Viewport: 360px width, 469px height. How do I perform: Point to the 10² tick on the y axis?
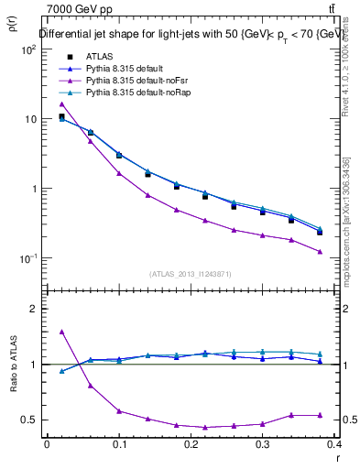click(x=28, y=49)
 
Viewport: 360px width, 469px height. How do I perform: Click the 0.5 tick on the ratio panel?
click(x=29, y=420)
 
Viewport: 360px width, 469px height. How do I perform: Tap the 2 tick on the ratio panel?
click(x=32, y=309)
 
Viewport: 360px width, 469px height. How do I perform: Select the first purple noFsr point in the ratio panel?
click(x=61, y=332)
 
